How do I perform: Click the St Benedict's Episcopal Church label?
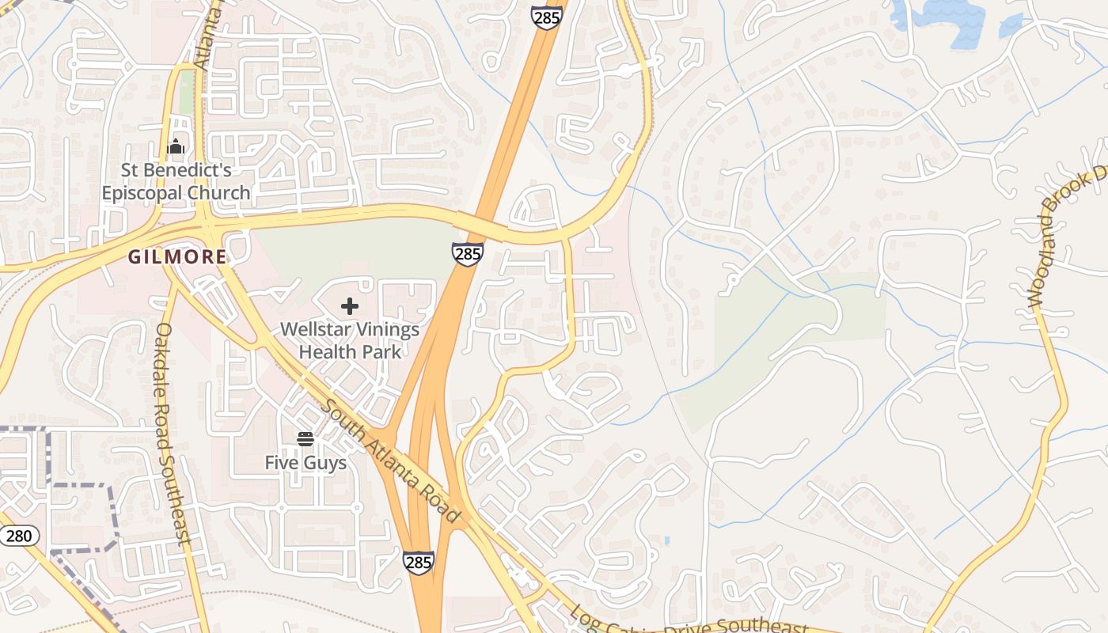click(x=176, y=181)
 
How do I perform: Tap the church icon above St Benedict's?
click(x=176, y=146)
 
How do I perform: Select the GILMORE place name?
click(x=177, y=257)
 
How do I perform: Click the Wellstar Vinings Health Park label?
click(x=350, y=340)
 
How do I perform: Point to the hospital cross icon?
click(x=350, y=306)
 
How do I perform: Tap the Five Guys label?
click(x=305, y=463)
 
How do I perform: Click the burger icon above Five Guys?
click(x=305, y=438)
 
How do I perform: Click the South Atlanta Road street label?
click(x=391, y=461)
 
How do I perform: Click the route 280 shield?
click(x=17, y=536)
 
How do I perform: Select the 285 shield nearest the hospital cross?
click(x=468, y=254)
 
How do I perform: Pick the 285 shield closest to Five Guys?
click(x=418, y=563)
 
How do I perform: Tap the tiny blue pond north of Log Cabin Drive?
click(x=667, y=541)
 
